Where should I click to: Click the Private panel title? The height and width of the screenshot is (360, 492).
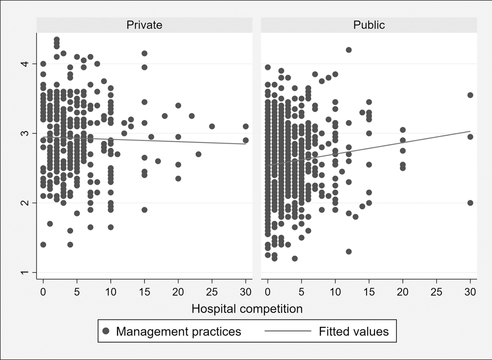(144, 25)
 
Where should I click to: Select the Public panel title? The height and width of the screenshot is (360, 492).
(369, 25)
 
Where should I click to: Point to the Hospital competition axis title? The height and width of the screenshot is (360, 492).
(247, 308)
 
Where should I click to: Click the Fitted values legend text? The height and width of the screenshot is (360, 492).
(353, 331)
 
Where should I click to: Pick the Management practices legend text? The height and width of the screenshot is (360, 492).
(179, 331)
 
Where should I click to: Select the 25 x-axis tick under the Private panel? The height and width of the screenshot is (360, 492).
(212, 291)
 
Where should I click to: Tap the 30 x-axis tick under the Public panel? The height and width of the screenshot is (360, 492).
(470, 291)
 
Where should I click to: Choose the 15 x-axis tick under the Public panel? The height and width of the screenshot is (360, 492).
(369, 291)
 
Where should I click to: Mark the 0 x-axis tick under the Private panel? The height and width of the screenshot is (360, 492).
(43, 291)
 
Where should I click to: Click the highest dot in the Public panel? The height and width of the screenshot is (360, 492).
(349, 50)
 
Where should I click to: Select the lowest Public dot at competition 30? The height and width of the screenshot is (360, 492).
(470, 203)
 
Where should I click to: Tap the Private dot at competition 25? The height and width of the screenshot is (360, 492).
(212, 127)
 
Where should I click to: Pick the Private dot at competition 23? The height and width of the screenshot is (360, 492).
(198, 154)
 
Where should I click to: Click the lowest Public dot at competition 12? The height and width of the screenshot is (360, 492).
(349, 252)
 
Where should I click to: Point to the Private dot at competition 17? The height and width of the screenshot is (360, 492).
(158, 161)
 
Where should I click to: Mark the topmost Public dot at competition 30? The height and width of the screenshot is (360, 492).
(470, 95)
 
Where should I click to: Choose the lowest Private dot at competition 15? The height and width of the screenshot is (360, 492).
(145, 210)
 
